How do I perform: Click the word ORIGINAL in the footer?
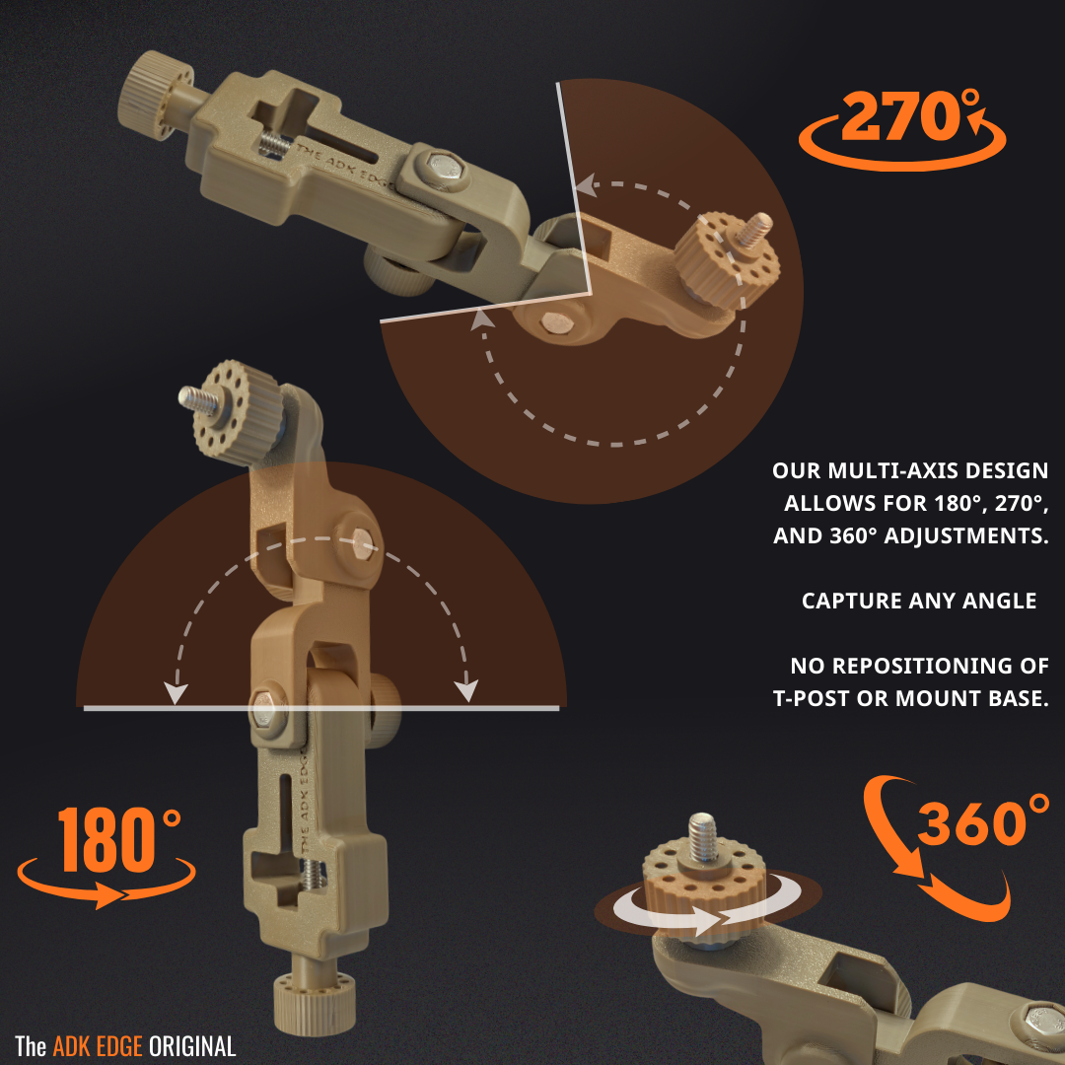[x=192, y=1046]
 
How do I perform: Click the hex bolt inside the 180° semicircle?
[x=363, y=539]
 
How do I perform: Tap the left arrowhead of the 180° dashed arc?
[x=176, y=694]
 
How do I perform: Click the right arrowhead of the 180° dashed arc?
[x=467, y=692]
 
